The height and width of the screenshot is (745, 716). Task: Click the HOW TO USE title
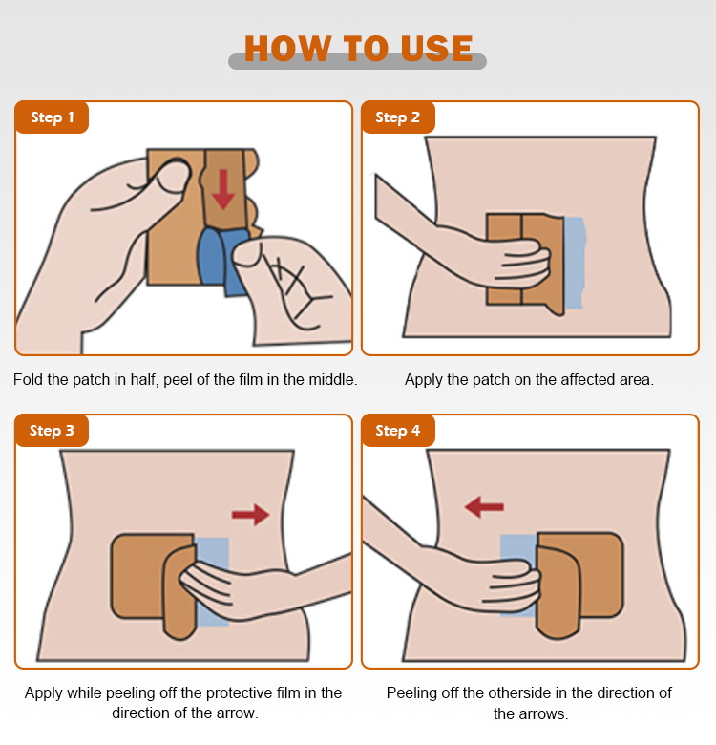coord(358,48)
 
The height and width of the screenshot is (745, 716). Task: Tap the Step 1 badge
coord(53,117)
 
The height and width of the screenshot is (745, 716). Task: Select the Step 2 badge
coord(398,117)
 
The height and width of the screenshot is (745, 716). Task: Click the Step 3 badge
coord(53,431)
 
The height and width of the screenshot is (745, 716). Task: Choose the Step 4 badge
coord(398,431)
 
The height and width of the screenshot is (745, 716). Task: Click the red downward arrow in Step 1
coord(223,189)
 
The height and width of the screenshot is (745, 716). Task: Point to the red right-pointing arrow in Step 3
coord(251,515)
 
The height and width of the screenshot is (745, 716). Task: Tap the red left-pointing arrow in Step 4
coord(484,507)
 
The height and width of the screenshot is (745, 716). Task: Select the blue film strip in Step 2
coord(574,263)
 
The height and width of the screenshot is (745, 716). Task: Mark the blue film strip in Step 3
coord(213,582)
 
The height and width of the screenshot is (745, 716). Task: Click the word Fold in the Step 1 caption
coord(29,379)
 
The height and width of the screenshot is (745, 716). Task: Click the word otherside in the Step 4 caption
coord(519,693)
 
